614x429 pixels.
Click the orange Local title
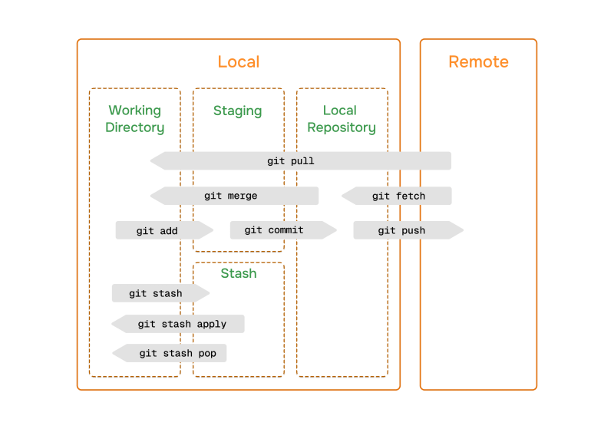point(239,62)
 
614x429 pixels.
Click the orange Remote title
point(478,62)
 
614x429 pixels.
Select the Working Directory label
point(135,119)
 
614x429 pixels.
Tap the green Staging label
point(238,111)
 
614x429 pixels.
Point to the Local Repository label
point(342,119)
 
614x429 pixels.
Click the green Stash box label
point(238,273)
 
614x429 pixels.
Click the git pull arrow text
point(291,161)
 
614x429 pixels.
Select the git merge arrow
point(231,196)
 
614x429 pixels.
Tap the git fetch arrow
point(398,196)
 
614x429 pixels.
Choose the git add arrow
point(157,230)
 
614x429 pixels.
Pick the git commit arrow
point(274,229)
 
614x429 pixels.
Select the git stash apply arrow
point(182,324)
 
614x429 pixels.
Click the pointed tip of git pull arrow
point(152,161)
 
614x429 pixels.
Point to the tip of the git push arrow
point(462,230)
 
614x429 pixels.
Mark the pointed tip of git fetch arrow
point(344,196)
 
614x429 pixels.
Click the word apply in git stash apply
point(210,324)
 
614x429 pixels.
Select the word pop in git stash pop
point(206,353)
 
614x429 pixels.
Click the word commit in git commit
point(284,229)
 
